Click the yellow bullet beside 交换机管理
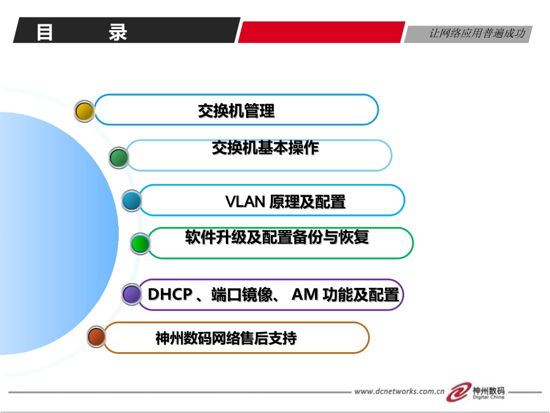click(85, 111)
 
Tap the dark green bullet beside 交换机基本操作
click(119, 158)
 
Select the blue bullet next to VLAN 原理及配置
click(132, 201)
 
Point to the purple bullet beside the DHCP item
click(132, 294)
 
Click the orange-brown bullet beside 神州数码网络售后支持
click(96, 337)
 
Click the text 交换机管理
click(236, 111)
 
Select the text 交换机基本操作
click(265, 148)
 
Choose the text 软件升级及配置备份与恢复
click(277, 237)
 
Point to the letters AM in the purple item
click(305, 295)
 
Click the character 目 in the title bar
click(45, 32)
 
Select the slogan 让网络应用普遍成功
click(476, 34)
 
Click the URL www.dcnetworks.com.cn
click(399, 391)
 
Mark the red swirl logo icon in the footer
click(461, 391)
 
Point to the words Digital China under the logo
click(489, 397)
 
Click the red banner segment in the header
click(321, 32)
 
